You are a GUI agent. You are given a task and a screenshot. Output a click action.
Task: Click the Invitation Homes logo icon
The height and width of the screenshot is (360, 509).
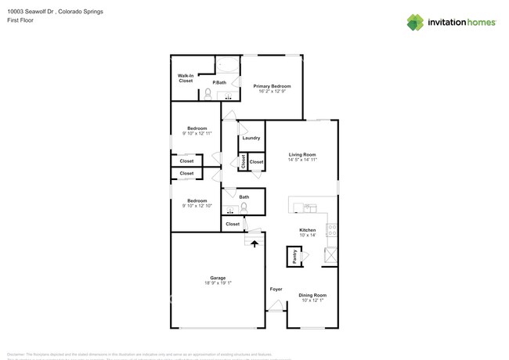(415, 22)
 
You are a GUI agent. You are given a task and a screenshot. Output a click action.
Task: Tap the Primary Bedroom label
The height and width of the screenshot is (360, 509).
(272, 86)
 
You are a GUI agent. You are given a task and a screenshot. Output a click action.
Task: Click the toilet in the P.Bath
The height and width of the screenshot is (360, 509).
(208, 94)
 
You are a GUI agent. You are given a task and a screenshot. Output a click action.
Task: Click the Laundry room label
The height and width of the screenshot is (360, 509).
(251, 138)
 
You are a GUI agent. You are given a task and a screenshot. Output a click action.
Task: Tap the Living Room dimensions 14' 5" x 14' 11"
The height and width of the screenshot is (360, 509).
(302, 160)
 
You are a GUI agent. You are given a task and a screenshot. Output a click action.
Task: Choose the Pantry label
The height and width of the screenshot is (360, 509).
(294, 256)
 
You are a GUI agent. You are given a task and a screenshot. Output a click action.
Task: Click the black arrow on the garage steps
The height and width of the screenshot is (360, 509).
(253, 243)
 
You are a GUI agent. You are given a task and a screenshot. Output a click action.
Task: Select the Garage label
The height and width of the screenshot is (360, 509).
(218, 279)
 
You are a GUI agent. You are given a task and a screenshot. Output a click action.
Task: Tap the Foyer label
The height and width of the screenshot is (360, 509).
(276, 290)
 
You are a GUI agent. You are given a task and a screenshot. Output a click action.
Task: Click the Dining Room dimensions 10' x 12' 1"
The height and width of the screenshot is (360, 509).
(312, 301)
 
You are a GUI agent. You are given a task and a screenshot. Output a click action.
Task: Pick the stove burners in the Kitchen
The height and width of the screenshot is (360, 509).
(332, 231)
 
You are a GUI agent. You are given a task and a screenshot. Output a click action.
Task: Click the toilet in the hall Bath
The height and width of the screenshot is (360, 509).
(244, 208)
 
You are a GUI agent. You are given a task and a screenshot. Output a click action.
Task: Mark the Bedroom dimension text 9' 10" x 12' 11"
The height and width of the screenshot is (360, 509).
(197, 134)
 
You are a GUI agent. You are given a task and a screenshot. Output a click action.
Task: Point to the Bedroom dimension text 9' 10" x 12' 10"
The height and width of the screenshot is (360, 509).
(197, 206)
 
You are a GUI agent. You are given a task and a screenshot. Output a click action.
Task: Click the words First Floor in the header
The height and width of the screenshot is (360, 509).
(21, 20)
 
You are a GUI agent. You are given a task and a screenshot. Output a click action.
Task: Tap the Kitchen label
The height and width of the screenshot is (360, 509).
(307, 229)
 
